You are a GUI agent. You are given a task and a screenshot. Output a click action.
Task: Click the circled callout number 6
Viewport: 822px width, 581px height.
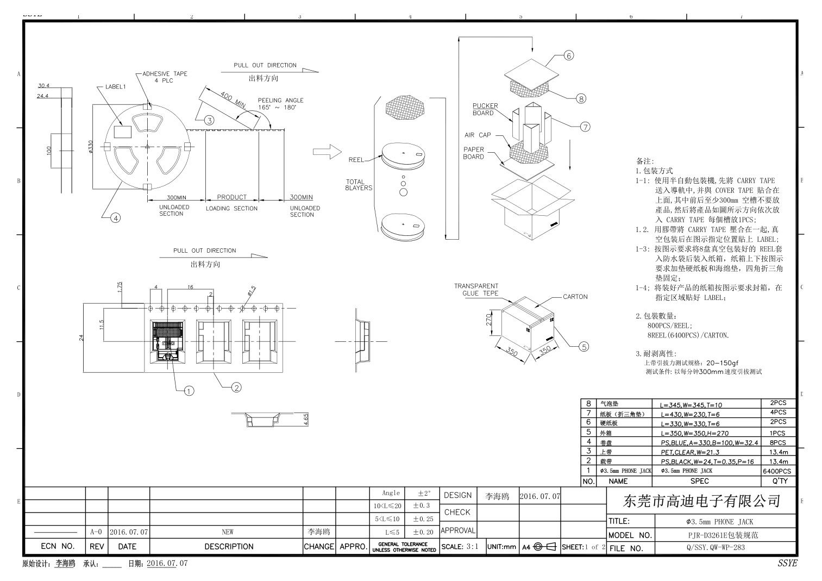point(568,55)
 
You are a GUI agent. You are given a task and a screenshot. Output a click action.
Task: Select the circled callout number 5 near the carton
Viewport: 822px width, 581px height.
point(583,346)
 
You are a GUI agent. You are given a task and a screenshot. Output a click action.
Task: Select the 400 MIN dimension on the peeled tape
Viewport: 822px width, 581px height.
point(233,99)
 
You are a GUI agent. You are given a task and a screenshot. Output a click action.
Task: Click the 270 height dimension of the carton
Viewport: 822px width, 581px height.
point(488,320)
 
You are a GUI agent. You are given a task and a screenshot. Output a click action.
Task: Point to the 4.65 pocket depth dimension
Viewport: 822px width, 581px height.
point(306,419)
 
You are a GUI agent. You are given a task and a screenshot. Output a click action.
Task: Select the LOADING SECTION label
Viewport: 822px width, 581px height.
point(231,209)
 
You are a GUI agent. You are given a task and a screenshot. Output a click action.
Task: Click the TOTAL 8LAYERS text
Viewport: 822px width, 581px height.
point(358,185)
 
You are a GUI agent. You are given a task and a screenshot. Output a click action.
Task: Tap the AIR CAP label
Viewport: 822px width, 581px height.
point(477,135)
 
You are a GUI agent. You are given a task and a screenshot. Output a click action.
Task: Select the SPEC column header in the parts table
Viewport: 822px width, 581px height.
point(699,481)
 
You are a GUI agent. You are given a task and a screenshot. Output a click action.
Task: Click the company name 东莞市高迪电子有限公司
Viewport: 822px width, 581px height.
point(701,501)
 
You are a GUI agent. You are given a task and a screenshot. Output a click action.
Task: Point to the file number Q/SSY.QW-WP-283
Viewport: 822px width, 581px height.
point(715,548)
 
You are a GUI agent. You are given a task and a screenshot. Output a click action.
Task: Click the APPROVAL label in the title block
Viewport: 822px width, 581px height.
point(457,530)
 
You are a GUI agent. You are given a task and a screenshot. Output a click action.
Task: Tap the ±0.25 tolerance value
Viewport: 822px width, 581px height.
point(423,519)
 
